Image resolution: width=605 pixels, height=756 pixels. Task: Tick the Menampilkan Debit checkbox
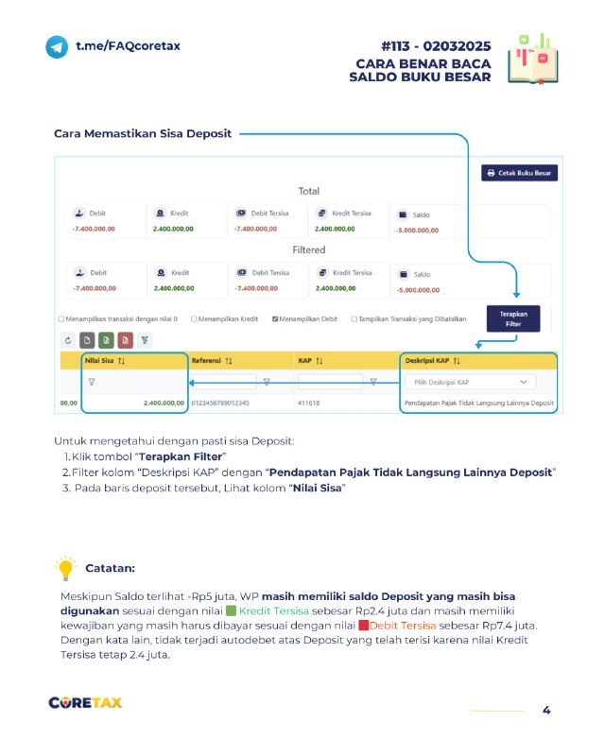pos(275,319)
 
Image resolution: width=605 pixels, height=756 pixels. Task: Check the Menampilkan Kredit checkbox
pos(194,319)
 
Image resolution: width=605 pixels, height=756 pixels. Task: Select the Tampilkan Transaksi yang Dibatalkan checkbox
pos(354,319)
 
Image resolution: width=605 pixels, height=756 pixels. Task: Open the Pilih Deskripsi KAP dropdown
pos(470,382)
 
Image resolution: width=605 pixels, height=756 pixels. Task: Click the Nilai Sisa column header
pos(105,361)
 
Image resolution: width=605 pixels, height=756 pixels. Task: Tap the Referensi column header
pos(212,361)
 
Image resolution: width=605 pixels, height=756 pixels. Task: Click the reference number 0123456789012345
pos(220,404)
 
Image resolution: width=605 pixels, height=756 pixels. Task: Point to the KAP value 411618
pos(309,404)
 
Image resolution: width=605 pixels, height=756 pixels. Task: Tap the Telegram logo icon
pos(57,46)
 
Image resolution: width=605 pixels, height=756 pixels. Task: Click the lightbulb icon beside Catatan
pos(65,569)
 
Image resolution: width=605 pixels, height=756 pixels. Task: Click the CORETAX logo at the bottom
pos(85,703)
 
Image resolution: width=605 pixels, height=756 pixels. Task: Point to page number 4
pos(546,711)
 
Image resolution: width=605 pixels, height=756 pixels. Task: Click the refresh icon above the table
pos(67,339)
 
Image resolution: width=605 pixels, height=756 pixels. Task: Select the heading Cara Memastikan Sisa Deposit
pos(143,134)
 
